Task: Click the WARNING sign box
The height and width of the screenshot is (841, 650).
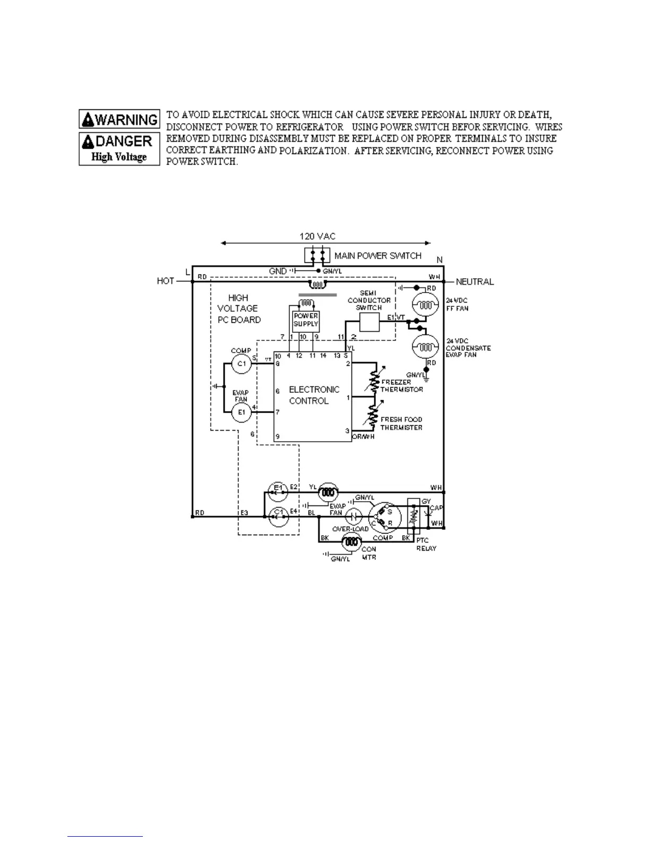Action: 119,119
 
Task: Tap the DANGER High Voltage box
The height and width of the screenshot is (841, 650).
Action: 119,149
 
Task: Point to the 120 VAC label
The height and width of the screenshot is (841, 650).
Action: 317,236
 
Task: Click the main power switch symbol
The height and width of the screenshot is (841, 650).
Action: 317,255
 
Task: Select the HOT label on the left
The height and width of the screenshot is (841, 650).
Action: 166,281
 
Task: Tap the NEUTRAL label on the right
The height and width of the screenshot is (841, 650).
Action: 475,281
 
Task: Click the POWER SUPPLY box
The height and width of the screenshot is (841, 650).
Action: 306,320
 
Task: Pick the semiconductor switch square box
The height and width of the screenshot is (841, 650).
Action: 369,322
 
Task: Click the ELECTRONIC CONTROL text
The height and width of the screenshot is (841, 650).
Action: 313,395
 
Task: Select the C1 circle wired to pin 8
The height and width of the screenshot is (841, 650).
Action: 241,364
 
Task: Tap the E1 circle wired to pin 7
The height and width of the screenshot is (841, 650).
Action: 241,412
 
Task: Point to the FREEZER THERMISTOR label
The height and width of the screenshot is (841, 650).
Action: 402,385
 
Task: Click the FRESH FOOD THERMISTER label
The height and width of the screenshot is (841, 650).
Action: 401,423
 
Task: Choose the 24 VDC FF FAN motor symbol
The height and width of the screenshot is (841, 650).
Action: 425,305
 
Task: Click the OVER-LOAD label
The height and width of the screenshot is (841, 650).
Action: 350,529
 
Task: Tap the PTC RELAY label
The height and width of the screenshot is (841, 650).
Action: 426,544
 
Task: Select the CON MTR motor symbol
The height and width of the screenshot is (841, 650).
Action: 351,542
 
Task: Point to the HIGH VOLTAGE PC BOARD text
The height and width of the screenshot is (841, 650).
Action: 238,308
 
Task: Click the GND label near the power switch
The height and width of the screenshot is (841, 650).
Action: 278,271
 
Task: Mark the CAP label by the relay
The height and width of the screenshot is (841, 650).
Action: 436,508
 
